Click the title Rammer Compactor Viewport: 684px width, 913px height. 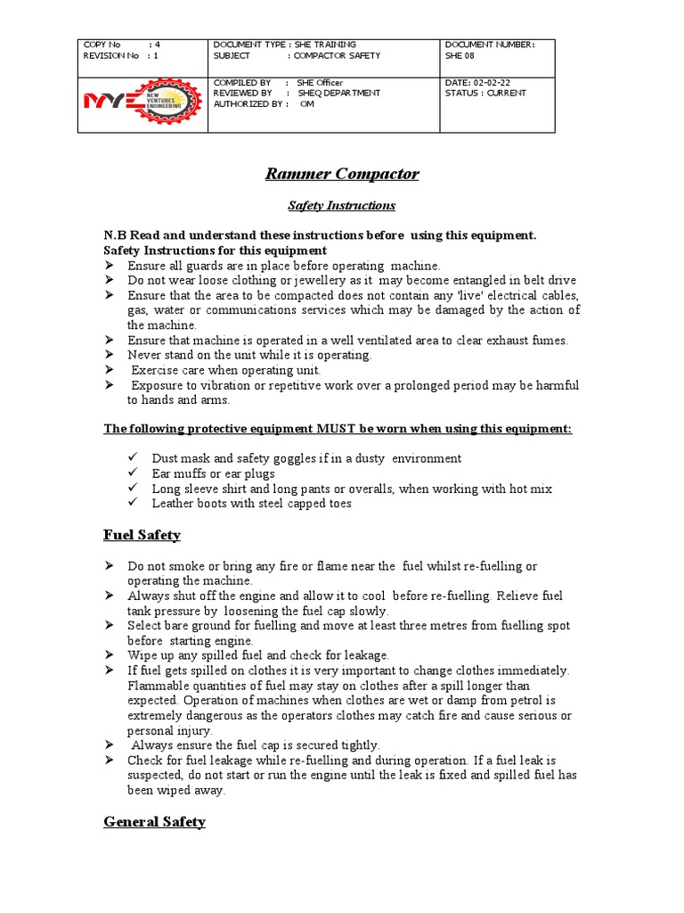342,174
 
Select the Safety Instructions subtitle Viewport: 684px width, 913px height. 342,206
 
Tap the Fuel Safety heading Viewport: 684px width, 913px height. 142,535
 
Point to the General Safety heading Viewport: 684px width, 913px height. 154,822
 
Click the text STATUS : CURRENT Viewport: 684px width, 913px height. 485,93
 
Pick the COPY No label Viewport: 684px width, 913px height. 102,45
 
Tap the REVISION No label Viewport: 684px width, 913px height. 110,55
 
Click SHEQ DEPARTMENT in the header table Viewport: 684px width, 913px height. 339,93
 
